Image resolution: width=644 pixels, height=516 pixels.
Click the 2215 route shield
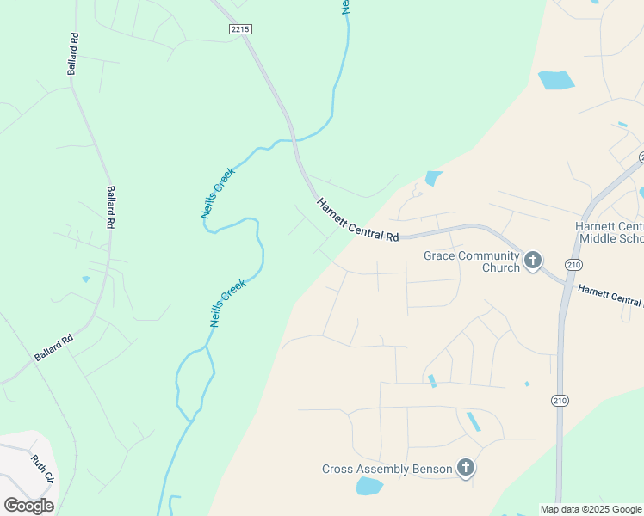coord(240,29)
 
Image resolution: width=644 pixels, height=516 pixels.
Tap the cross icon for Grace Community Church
coord(533,261)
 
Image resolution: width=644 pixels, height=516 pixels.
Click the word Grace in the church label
coord(440,255)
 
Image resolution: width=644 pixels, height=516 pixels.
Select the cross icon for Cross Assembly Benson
coord(465,468)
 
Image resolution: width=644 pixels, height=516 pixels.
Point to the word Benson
coord(433,469)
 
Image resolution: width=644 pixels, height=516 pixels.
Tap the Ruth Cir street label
coord(42,469)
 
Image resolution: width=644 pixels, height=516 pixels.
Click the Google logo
coord(28,506)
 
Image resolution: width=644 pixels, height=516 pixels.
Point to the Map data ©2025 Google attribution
coord(590,509)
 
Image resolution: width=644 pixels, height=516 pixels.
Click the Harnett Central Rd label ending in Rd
coord(357,220)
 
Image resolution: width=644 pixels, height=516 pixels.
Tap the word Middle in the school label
coord(598,238)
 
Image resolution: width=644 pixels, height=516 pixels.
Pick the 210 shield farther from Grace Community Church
coord(560,400)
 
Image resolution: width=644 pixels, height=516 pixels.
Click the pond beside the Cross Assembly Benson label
coord(369,487)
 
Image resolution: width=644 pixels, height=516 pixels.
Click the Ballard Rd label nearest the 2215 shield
coord(74,53)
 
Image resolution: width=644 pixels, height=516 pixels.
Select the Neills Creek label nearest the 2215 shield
coord(218,193)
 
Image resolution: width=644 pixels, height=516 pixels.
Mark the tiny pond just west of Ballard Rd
coord(85,279)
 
